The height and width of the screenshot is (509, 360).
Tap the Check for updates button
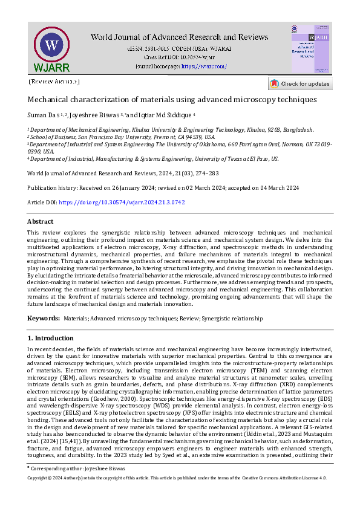click(x=300, y=83)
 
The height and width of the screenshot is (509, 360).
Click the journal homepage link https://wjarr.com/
click(x=204, y=66)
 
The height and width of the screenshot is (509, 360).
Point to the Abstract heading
click(x=41, y=222)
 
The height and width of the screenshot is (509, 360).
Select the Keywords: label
click(x=44, y=318)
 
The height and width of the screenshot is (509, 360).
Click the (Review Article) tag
click(x=54, y=82)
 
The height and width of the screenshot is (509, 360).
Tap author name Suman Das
click(x=44, y=114)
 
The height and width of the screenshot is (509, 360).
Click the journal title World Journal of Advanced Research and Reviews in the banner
click(x=179, y=37)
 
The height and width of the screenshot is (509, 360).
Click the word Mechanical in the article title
click(x=51, y=99)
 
